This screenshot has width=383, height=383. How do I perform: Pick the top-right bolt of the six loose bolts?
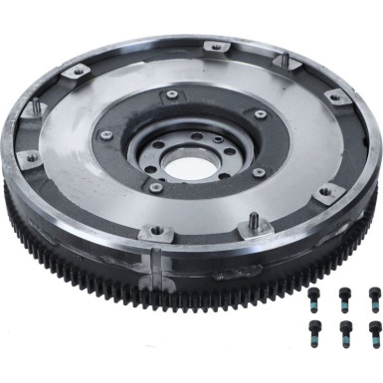click(x=375, y=295)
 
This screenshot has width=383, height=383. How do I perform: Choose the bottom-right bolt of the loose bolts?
click(x=374, y=330)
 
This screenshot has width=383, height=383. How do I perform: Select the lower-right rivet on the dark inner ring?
click(x=258, y=171)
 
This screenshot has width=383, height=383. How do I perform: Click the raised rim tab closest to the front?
click(x=155, y=232)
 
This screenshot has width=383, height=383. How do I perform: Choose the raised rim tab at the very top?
click(x=211, y=47)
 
